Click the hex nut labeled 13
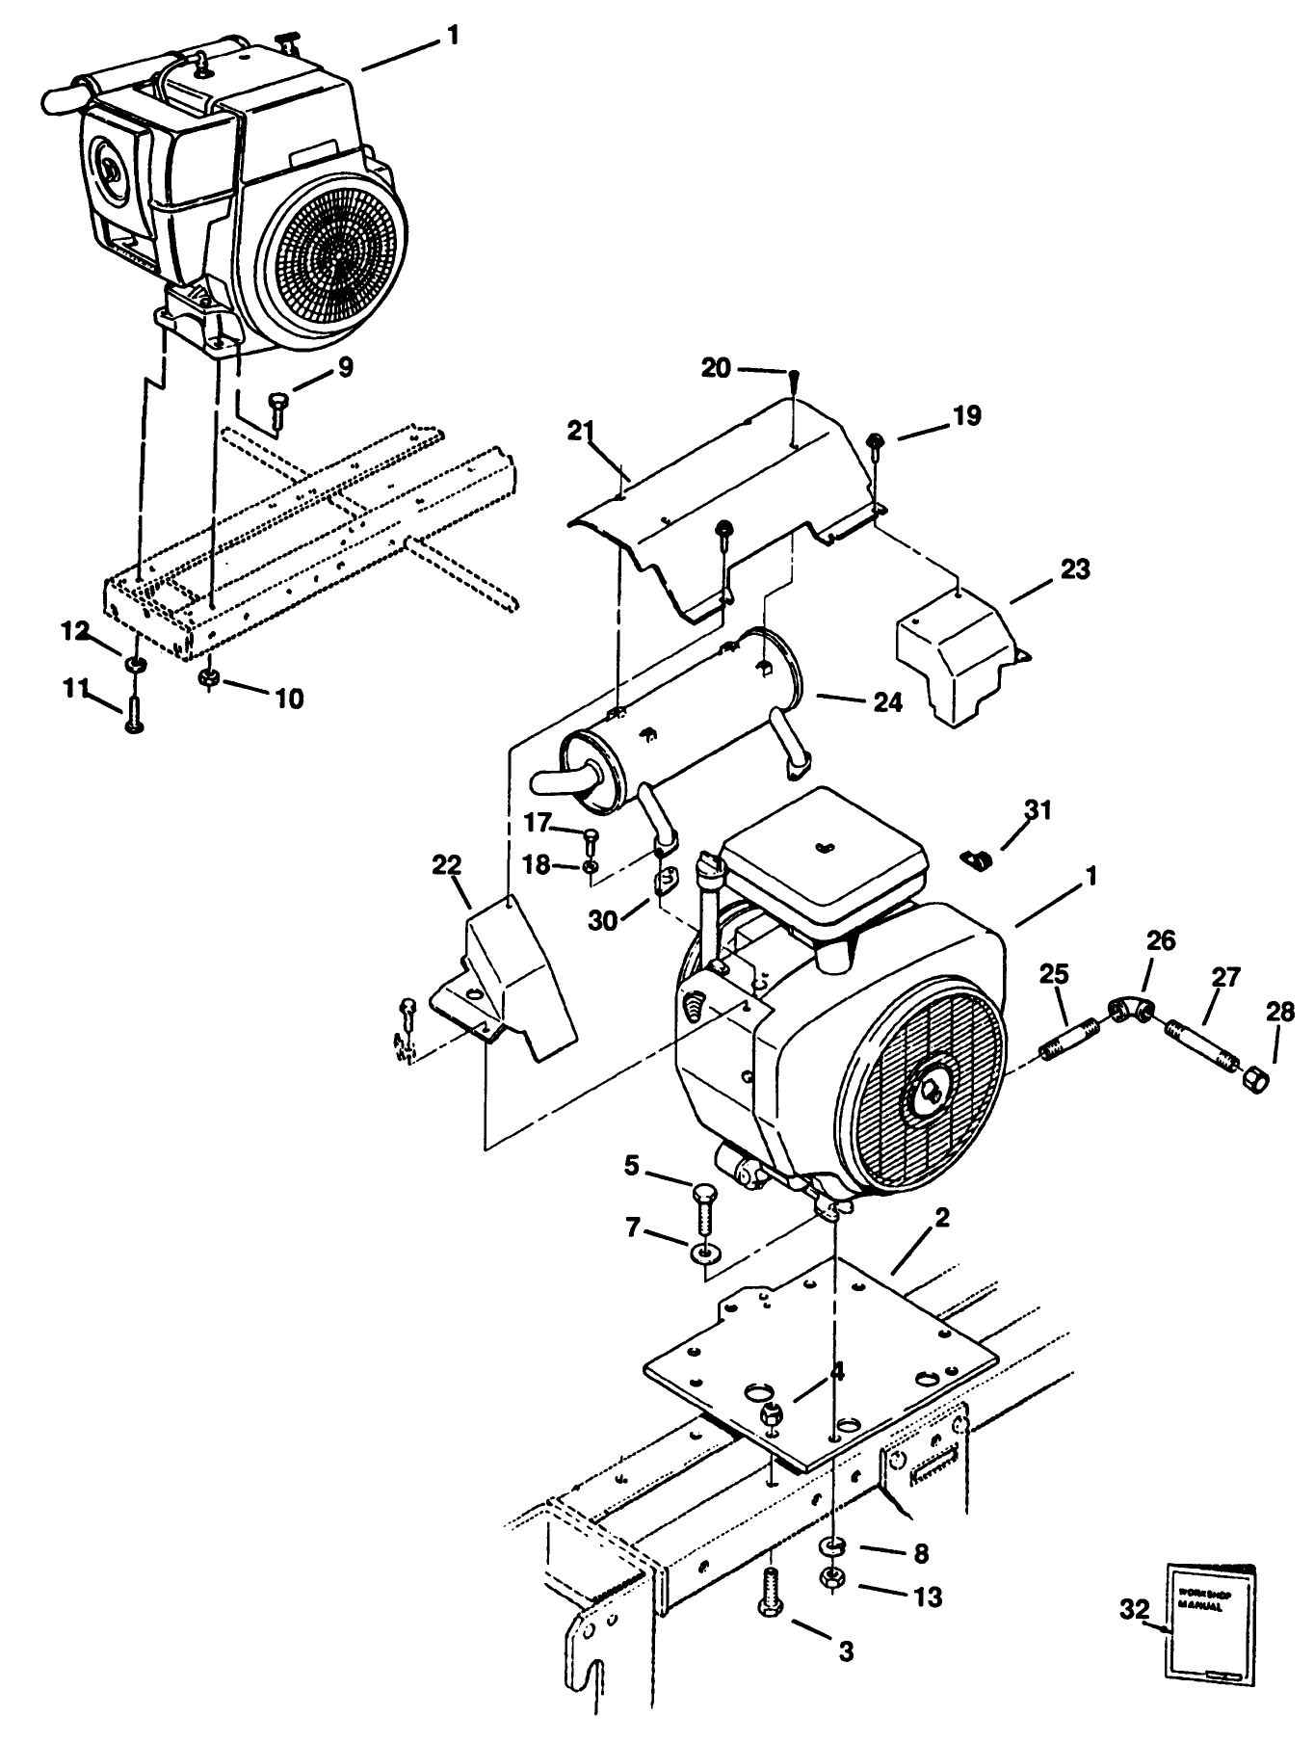tap(832, 1578)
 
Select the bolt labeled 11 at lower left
tap(133, 714)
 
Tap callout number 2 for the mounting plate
tap(941, 1217)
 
